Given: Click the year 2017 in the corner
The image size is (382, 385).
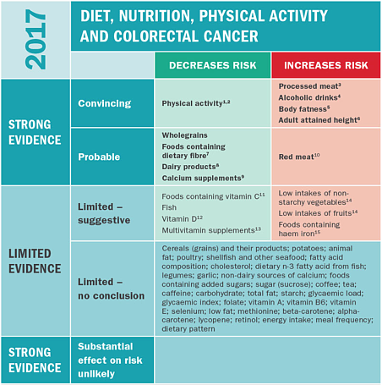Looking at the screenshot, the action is (35, 39).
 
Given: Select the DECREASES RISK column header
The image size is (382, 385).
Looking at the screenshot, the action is (213, 65).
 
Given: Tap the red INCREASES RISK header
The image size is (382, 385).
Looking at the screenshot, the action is (326, 65).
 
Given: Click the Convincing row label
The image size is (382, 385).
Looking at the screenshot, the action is (105, 103).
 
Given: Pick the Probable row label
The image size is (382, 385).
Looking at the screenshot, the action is (99, 157).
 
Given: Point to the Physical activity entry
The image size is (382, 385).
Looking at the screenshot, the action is (196, 103).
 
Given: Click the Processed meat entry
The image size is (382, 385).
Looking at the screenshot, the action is (310, 86).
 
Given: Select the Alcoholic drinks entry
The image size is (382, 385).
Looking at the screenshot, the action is (309, 97).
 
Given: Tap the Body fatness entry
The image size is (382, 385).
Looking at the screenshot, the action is (304, 109).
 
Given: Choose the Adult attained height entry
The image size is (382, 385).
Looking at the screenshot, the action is (319, 120).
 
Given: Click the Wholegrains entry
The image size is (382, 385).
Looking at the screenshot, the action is (184, 135).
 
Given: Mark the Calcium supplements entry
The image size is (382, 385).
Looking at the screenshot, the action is (203, 178).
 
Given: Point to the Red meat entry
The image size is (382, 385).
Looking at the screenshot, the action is (299, 157).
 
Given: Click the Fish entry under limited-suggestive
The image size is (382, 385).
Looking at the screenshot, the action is (169, 207).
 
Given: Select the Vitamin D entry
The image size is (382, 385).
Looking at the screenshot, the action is (182, 219).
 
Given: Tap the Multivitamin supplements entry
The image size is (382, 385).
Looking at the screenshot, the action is (211, 230).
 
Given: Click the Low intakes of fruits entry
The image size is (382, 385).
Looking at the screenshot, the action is (318, 213).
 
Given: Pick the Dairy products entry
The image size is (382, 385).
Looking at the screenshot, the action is (190, 167).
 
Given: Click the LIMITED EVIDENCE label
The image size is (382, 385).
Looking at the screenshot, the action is (35, 261).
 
